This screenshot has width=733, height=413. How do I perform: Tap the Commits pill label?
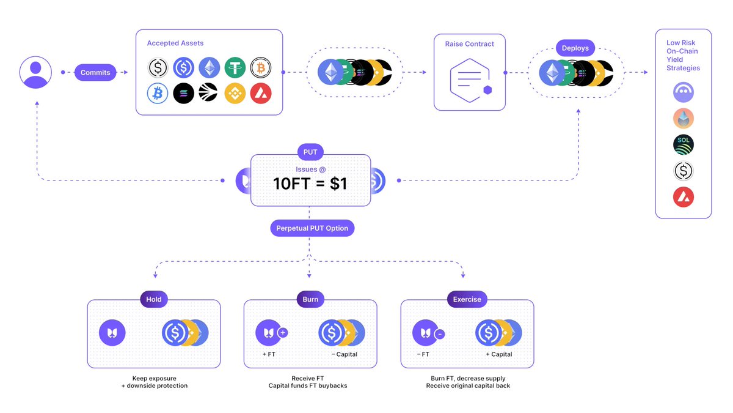(95, 72)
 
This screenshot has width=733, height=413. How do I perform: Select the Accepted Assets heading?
(175, 43)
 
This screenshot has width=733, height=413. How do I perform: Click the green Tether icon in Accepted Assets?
(235, 68)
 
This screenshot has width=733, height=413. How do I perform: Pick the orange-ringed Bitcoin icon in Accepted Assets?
(261, 68)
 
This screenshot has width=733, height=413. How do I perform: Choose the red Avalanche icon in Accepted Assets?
(261, 93)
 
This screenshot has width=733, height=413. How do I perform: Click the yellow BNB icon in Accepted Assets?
(235, 93)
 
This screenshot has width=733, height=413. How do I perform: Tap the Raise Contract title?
(470, 44)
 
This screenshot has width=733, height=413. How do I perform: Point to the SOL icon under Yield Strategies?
(684, 145)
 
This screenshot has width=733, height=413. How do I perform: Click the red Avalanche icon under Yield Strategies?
(684, 197)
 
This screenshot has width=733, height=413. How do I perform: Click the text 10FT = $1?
(310, 183)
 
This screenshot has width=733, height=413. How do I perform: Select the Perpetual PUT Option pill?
(312, 228)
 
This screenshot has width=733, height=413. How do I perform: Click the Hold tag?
(154, 300)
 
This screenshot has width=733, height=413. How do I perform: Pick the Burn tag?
(310, 300)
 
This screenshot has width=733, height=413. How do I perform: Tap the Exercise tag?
(467, 300)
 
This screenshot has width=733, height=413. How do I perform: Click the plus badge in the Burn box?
(283, 333)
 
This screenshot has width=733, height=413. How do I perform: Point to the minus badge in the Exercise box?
(440, 334)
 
